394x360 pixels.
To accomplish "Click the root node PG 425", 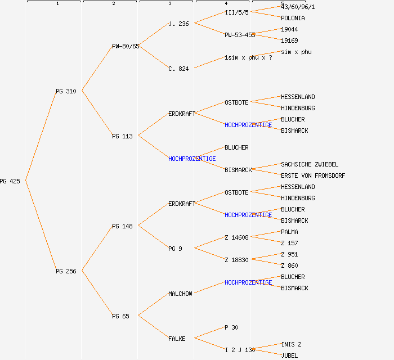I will (x=10, y=181).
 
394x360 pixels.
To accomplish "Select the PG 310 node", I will (x=66, y=91).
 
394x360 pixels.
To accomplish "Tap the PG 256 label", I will (x=66, y=271).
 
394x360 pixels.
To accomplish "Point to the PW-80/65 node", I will (x=126, y=46).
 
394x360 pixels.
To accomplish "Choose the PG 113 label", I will (x=122, y=136).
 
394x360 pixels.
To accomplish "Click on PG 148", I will (x=122, y=226).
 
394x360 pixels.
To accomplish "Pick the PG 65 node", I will (x=120, y=316).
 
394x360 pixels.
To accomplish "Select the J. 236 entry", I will (x=178, y=24).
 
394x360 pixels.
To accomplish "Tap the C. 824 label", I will (x=178, y=69).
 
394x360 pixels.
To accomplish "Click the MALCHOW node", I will (x=180, y=294).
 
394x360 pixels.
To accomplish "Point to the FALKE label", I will (x=177, y=339).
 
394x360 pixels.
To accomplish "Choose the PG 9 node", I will (x=175, y=249).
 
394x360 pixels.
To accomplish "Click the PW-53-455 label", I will (x=240, y=35).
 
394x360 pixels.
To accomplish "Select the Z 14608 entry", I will (x=236, y=237).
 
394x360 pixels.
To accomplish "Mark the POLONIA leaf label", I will (x=293, y=18).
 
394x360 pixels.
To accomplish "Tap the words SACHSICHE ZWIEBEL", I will (x=310, y=164).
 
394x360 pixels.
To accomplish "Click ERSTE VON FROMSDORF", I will (x=313, y=175).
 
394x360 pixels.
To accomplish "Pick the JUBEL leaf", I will (x=289, y=355).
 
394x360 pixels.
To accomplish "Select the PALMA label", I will (x=289, y=232).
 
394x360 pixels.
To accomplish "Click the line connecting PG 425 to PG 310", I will (x=41, y=136).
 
